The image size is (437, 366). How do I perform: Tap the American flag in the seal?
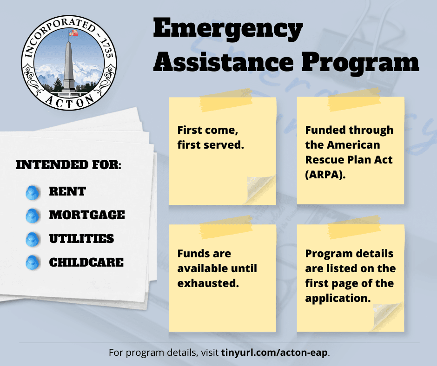click(74, 33)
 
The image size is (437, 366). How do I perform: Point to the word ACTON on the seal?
click(69, 99)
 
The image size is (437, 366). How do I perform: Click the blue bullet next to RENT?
click(32, 192)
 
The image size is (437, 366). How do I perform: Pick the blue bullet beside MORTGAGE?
click(32, 216)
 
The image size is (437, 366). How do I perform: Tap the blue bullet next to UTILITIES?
click(32, 239)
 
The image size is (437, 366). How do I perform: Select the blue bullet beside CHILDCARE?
click(32, 262)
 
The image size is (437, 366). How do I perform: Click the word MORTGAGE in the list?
click(87, 215)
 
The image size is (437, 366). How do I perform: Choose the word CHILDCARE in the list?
click(86, 262)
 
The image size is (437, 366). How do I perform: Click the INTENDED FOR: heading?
click(69, 165)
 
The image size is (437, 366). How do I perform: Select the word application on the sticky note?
click(338, 298)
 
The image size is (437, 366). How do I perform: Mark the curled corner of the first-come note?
click(262, 190)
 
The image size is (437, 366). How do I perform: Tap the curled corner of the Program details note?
click(389, 317)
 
